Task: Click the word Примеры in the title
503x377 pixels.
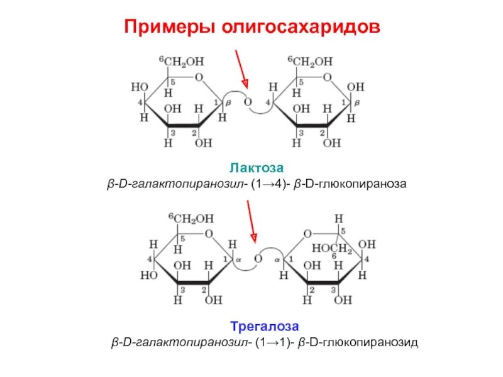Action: [165, 27]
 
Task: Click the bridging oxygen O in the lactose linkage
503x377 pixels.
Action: [248, 102]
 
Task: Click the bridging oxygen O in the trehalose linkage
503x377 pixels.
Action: [257, 258]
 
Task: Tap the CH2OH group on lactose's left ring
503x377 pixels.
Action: [186, 62]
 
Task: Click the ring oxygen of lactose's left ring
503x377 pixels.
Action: [199, 78]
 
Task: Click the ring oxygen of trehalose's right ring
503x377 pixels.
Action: [307, 234]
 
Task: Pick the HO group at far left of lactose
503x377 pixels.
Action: [138, 87]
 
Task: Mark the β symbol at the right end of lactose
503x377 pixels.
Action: [357, 102]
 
